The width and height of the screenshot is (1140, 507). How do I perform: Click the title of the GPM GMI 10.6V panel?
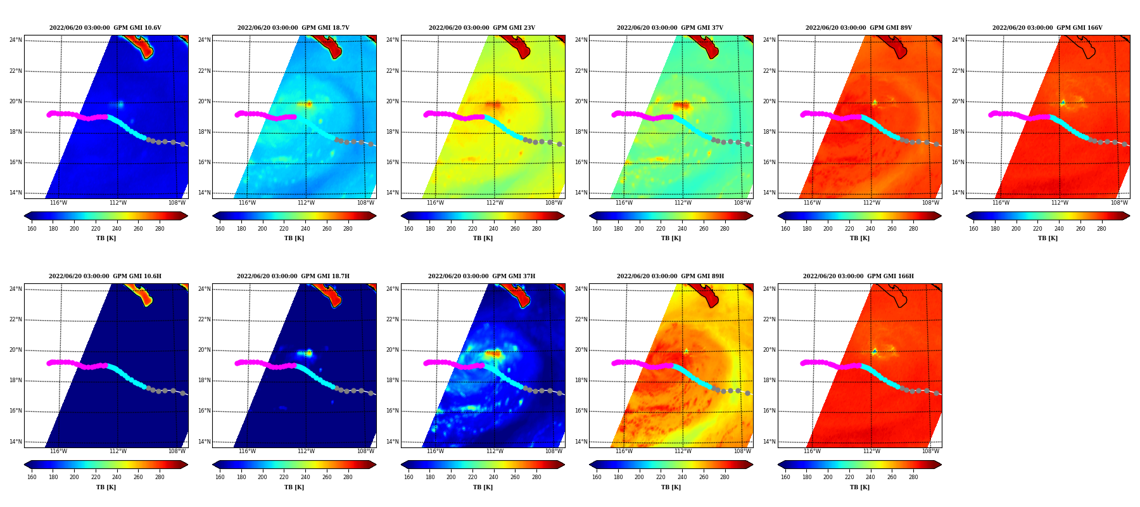(x=105, y=28)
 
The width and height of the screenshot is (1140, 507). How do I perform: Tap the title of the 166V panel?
(x=1047, y=28)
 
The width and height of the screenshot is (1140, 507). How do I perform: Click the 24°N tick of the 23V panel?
(x=393, y=40)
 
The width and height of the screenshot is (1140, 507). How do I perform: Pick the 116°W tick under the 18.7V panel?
(x=247, y=203)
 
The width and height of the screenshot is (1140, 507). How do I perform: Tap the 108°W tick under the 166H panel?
(x=930, y=452)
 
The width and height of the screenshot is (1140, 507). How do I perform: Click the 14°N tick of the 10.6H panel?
(x=15, y=442)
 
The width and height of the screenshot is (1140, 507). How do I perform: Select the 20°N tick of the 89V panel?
(x=769, y=101)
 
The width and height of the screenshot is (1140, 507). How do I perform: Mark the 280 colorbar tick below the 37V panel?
(x=725, y=229)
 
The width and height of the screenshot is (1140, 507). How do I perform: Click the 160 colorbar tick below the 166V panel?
(x=973, y=229)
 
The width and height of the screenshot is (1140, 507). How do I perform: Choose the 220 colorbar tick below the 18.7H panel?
(x=284, y=477)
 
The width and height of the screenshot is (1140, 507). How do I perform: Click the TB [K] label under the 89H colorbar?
(x=671, y=487)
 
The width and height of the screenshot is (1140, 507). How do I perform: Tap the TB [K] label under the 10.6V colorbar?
(x=106, y=238)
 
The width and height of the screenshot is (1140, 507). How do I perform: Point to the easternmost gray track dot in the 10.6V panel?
(x=182, y=144)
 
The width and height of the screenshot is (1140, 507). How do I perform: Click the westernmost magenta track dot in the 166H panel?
(x=802, y=364)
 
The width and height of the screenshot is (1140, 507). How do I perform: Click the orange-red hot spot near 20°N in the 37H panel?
(x=493, y=354)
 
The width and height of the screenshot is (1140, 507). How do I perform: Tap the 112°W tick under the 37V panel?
(x=683, y=203)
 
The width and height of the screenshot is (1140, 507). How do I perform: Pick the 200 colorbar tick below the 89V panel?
(x=828, y=229)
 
